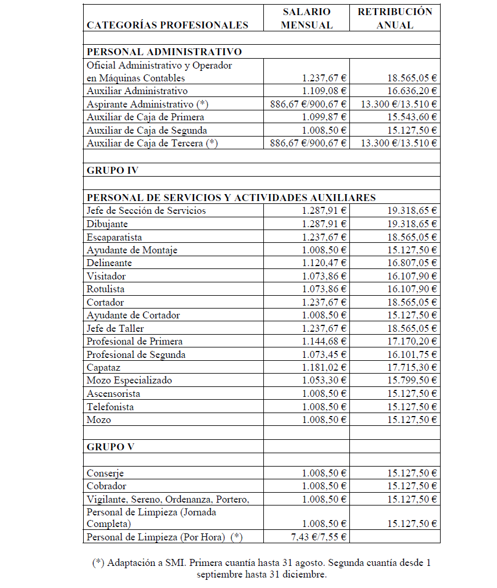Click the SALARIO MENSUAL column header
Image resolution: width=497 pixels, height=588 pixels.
pos(306,18)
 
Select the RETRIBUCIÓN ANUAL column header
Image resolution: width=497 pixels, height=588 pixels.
pos(395,18)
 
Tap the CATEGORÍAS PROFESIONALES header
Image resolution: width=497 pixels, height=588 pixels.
pos(167,25)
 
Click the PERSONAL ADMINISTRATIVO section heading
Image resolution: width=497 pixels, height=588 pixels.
pos(164,52)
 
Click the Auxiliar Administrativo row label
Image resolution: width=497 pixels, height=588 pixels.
pos(137,91)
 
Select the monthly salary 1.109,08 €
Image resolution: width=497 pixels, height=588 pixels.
pos(324,91)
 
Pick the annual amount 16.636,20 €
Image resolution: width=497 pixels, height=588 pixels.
pos(412,91)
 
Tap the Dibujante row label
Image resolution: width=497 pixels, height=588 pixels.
pos(108,224)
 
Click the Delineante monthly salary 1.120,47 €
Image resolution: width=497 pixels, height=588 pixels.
pos(324,263)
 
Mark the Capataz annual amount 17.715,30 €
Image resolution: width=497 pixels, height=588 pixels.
pos(412,368)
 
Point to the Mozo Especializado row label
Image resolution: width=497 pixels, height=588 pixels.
pos(130,381)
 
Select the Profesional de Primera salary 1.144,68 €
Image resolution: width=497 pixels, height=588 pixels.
pos(324,342)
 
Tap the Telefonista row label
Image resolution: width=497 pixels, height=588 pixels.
pos(110,407)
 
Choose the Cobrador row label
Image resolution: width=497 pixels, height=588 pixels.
pos(106,486)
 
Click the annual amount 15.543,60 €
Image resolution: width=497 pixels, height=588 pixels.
pos(412,117)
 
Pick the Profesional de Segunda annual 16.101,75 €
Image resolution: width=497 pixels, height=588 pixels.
pos(412,354)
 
